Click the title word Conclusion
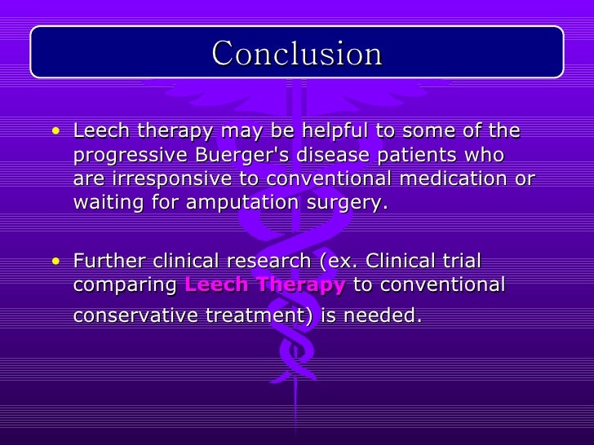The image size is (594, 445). [x=297, y=54]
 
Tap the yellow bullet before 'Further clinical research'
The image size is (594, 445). [x=54, y=262]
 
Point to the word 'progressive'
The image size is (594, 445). [x=122, y=155]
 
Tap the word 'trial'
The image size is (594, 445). [x=460, y=261]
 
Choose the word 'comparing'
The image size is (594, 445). [x=126, y=285]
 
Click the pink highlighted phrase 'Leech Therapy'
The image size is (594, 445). [x=265, y=284]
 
